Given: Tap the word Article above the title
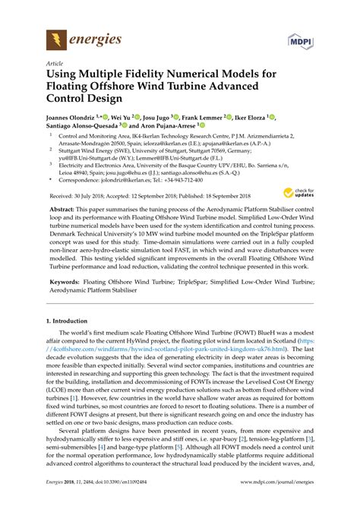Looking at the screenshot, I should pyautogui.click(x=55, y=65).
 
